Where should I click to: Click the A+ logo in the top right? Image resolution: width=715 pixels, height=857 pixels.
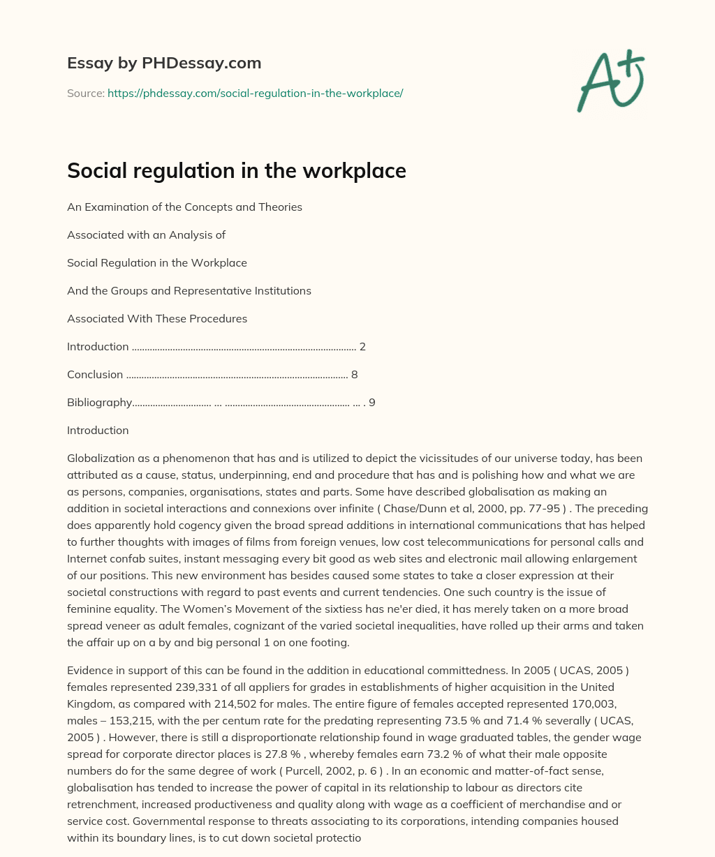point(610,80)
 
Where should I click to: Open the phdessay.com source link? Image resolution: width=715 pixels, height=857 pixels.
point(255,93)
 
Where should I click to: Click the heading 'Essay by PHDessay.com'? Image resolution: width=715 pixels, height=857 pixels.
point(164,63)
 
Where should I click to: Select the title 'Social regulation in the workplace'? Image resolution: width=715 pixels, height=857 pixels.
point(236,170)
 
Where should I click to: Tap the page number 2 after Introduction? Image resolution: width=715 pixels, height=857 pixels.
point(362,347)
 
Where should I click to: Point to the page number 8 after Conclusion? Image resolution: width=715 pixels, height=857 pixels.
point(354,375)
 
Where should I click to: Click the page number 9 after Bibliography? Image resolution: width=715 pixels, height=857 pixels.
point(371,403)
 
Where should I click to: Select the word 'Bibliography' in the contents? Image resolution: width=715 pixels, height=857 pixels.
point(99,403)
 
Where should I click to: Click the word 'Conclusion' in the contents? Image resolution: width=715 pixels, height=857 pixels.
point(95,375)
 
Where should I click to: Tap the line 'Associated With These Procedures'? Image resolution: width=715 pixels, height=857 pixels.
point(157,319)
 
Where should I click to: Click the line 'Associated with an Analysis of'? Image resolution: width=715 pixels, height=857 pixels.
point(146,235)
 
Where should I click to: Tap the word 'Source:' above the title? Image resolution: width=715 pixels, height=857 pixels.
point(85,93)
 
